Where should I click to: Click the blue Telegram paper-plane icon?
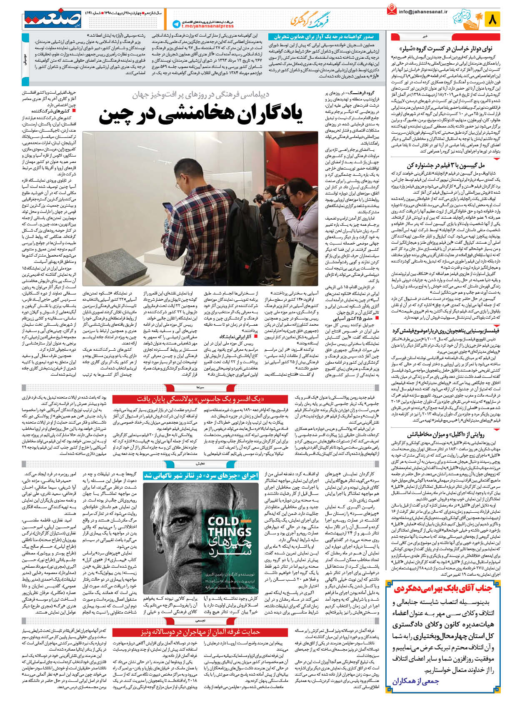pyautogui.click(x=177, y=24)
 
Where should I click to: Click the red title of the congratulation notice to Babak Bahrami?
pyautogui.click(x=444, y=589)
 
